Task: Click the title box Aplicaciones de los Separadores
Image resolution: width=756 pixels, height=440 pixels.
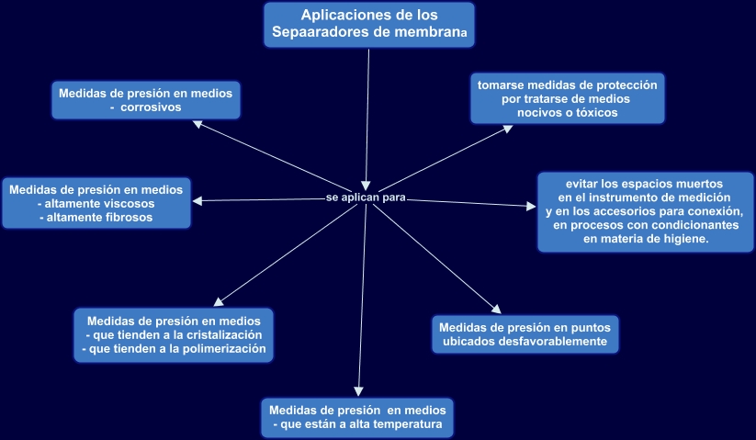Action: (x=368, y=25)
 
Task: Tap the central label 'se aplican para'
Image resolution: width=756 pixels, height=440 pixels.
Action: (x=366, y=198)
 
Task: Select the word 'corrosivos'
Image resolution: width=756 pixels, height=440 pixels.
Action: (x=152, y=107)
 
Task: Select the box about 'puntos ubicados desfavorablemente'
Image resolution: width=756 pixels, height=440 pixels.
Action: (x=525, y=333)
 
